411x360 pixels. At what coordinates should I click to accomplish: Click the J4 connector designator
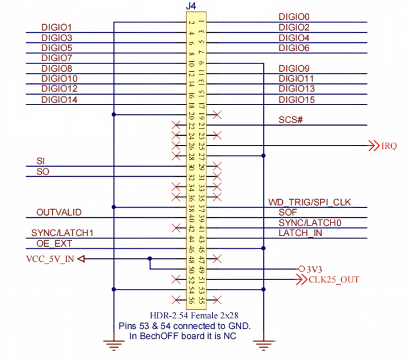tap(191, 6)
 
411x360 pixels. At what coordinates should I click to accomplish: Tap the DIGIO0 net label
tap(294, 17)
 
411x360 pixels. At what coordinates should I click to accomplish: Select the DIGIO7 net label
tap(56, 58)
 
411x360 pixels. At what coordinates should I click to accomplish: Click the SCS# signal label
tap(290, 120)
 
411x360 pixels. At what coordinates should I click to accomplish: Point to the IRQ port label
tap(389, 146)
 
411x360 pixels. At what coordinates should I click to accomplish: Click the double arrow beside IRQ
tap(374, 146)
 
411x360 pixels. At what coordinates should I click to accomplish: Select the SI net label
tap(41, 161)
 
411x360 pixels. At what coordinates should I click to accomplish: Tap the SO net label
tap(43, 171)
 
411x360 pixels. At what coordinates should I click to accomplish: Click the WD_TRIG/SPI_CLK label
tap(309, 202)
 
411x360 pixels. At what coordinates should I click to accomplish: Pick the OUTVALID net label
tap(59, 213)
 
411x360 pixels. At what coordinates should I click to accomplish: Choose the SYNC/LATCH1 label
tap(62, 233)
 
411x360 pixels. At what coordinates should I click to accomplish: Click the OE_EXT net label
tap(54, 244)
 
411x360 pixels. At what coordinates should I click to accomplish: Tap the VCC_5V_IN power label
tap(50, 259)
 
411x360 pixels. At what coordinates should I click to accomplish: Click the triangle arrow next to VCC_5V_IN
tap(81, 259)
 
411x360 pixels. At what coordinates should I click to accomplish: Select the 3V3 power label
tap(315, 270)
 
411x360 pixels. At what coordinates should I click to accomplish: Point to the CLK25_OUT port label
tap(333, 280)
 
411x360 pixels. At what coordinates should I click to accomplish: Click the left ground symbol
tap(113, 345)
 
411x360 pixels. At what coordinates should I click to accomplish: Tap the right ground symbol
tap(263, 345)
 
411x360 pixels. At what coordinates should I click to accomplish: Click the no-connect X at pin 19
tap(217, 115)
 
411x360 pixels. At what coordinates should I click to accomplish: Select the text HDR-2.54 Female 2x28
tap(194, 315)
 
